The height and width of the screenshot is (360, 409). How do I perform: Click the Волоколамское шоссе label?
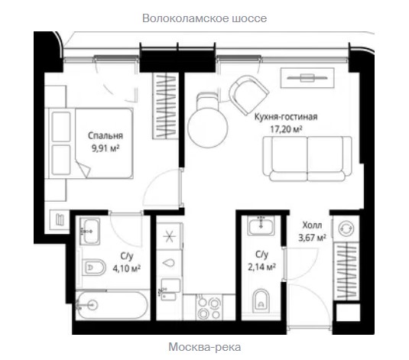(x=205, y=18)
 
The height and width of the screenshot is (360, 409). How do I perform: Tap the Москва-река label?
(x=205, y=347)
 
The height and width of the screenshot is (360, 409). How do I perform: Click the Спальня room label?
(x=105, y=135)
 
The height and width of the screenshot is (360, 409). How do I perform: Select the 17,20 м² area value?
(x=286, y=129)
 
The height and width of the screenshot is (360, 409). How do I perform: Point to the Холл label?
(x=312, y=225)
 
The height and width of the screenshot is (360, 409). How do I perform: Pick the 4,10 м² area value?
(x=127, y=268)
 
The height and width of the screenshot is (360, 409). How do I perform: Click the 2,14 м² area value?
(x=262, y=267)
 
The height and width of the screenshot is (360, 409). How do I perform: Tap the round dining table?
(x=208, y=128)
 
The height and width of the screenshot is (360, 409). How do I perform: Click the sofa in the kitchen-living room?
(x=307, y=159)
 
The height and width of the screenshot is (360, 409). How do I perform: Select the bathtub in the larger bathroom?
(x=112, y=305)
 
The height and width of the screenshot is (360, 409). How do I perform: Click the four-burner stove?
(x=209, y=307)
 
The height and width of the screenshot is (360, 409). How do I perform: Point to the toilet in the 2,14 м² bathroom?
(x=261, y=301)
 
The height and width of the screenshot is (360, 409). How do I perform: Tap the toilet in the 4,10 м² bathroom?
(x=94, y=267)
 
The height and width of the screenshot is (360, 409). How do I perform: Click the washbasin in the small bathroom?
(x=261, y=225)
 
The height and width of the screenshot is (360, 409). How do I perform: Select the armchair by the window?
(x=248, y=95)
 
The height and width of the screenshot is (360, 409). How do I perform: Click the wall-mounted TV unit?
(x=307, y=78)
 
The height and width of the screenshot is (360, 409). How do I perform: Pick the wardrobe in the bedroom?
(x=166, y=105)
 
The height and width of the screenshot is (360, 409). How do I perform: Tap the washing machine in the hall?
(x=346, y=229)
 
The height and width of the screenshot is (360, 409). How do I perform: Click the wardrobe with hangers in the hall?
(x=346, y=271)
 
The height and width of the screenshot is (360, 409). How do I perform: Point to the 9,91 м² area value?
(x=105, y=148)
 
